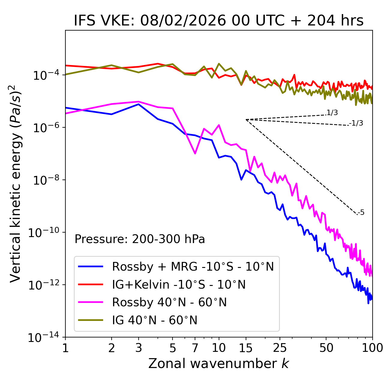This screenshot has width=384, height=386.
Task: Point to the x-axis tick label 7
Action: (195, 348)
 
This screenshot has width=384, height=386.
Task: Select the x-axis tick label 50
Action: (326, 348)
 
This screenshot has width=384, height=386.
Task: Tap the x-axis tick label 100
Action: (372, 348)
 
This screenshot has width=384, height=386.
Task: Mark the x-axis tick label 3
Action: (139, 348)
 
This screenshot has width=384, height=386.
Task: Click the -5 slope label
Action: (361, 213)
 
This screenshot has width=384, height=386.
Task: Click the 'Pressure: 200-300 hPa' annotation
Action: (139, 239)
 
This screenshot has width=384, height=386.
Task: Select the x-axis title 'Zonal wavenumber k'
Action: (218, 364)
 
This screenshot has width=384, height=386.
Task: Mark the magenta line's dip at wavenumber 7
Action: (195, 153)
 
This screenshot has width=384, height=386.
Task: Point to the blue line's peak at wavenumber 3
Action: (139, 104)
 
